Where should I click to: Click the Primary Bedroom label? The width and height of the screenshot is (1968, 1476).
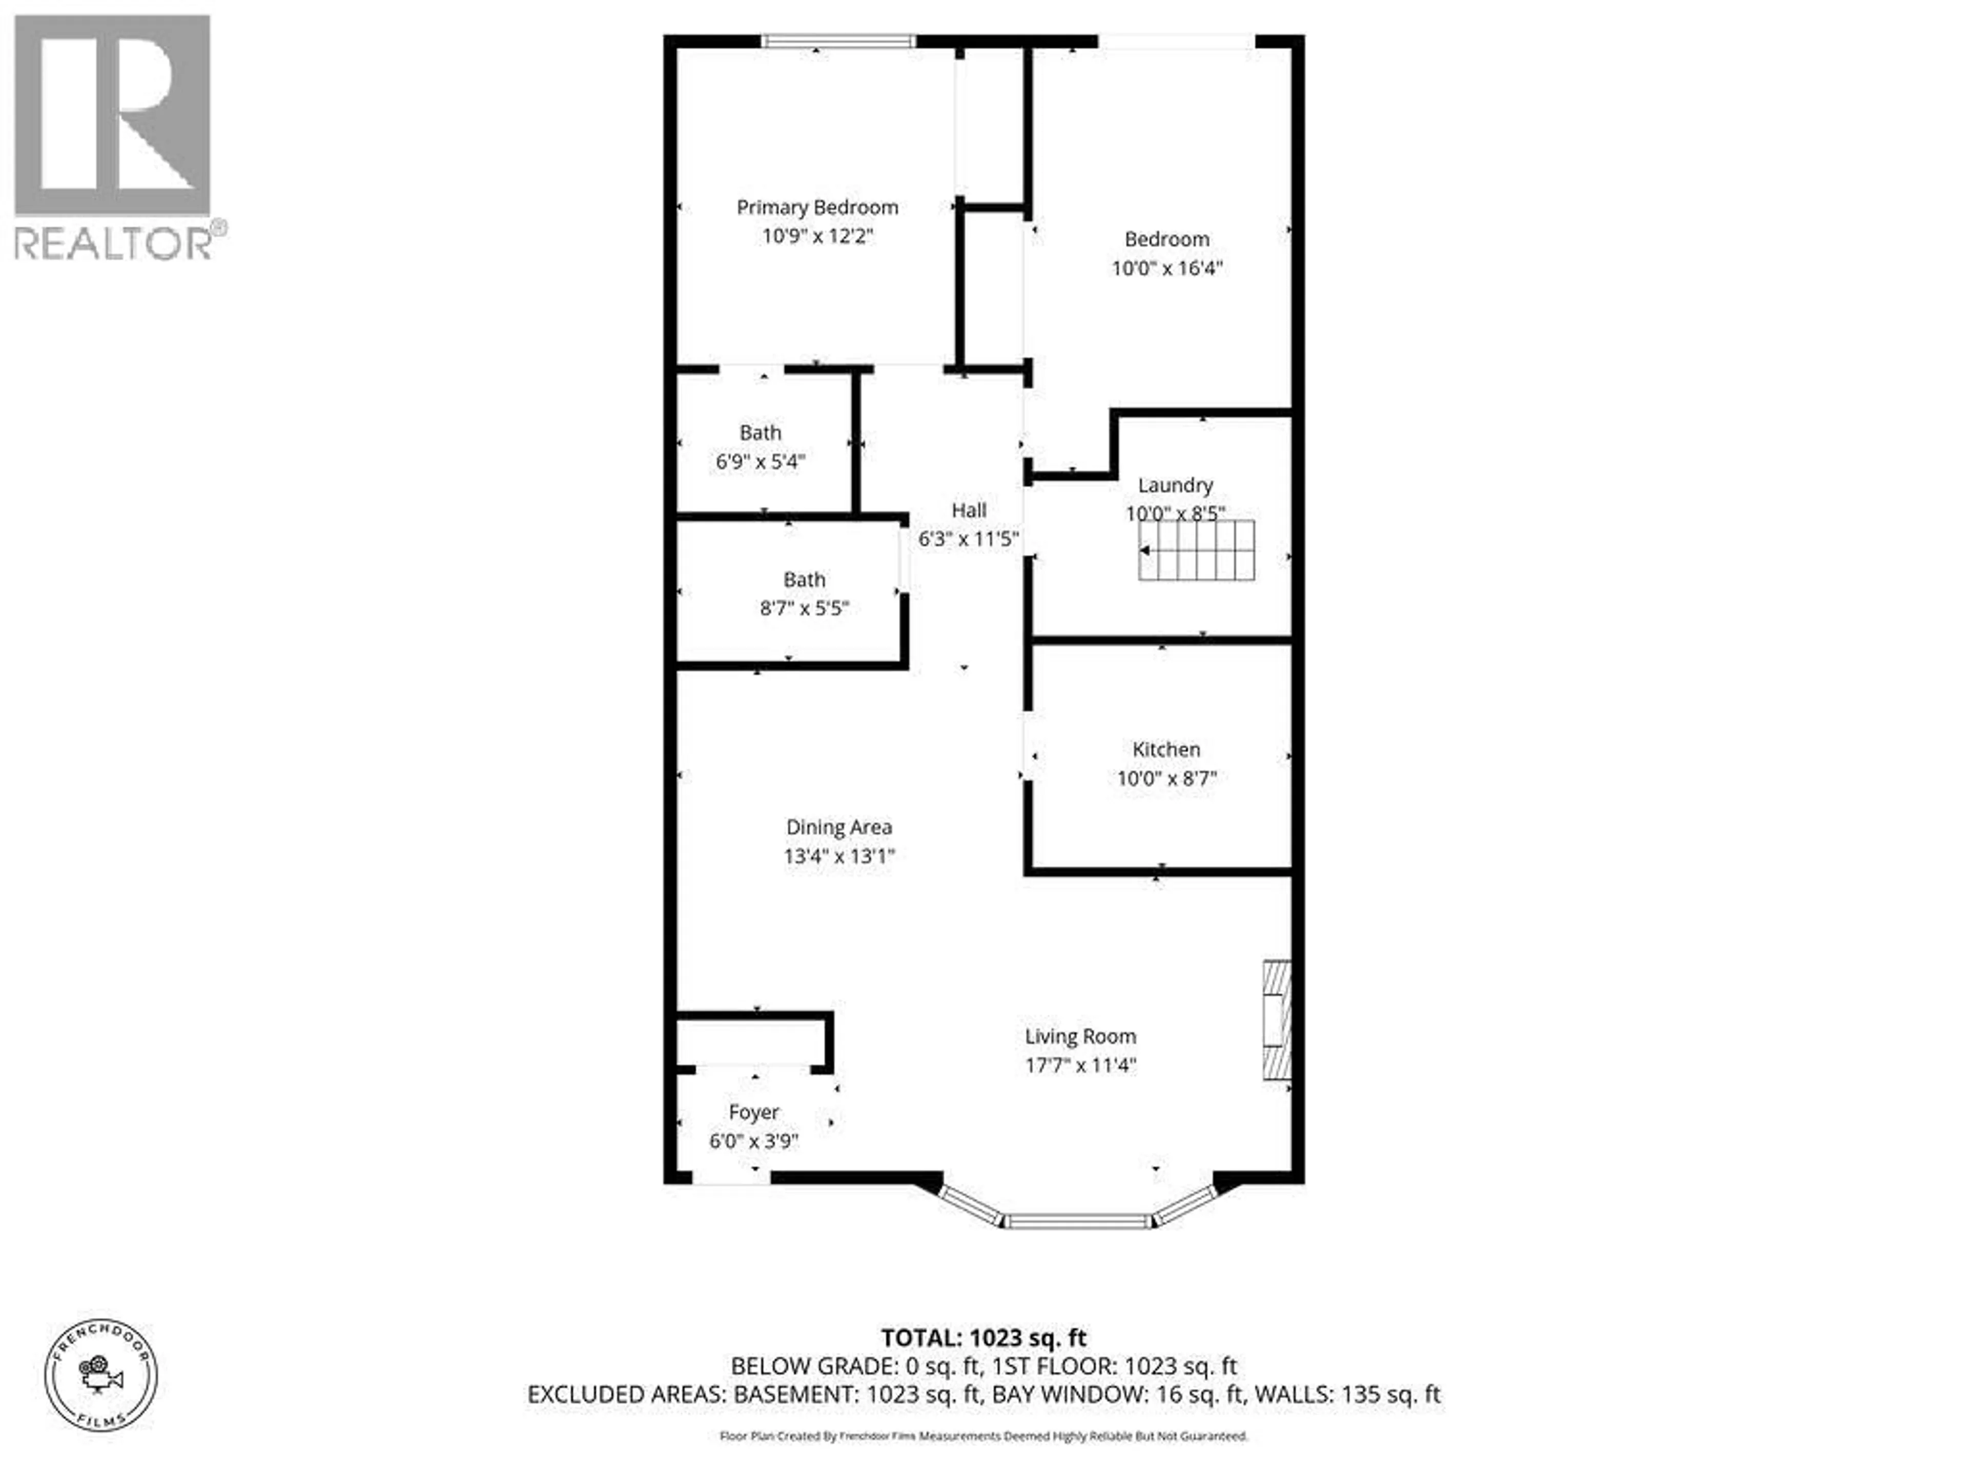click(x=817, y=207)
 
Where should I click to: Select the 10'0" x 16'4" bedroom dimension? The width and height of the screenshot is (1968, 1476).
click(x=1166, y=268)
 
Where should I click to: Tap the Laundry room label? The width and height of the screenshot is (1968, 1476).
click(x=1175, y=485)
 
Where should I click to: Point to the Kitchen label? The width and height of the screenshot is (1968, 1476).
click(x=1165, y=749)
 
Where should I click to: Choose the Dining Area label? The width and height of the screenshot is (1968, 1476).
click(x=838, y=827)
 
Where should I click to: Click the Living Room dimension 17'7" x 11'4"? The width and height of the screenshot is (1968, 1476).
click(x=1080, y=1065)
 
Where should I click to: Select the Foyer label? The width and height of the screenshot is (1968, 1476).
click(x=753, y=1112)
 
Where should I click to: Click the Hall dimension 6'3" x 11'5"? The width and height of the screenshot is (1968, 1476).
click(x=968, y=539)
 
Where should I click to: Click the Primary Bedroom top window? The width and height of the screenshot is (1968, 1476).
click(x=838, y=41)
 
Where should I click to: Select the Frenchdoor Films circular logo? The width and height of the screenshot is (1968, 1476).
click(x=101, y=1375)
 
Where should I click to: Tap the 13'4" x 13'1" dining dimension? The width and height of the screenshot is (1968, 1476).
click(x=838, y=856)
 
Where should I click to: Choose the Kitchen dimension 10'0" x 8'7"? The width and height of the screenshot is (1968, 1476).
click(x=1165, y=778)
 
